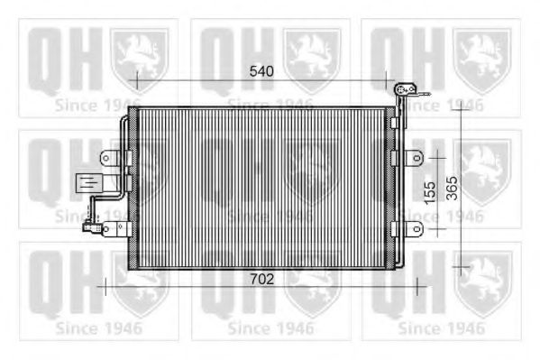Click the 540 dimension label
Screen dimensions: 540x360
pyautogui.click(x=261, y=71)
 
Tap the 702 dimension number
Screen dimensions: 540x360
pyautogui.click(x=261, y=280)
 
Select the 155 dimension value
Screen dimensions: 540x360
pyautogui.click(x=430, y=193)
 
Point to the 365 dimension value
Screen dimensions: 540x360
pyautogui.click(x=453, y=189)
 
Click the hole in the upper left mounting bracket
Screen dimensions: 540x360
pyautogui.click(x=106, y=158)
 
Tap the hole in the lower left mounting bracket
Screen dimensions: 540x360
pyautogui.click(x=106, y=229)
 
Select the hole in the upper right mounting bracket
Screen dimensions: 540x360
pyautogui.click(x=416, y=158)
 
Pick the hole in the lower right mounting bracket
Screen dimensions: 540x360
pyautogui.click(x=416, y=229)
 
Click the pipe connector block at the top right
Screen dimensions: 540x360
pyautogui.click(x=405, y=89)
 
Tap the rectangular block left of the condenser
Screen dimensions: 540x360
pyautogui.click(x=89, y=183)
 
